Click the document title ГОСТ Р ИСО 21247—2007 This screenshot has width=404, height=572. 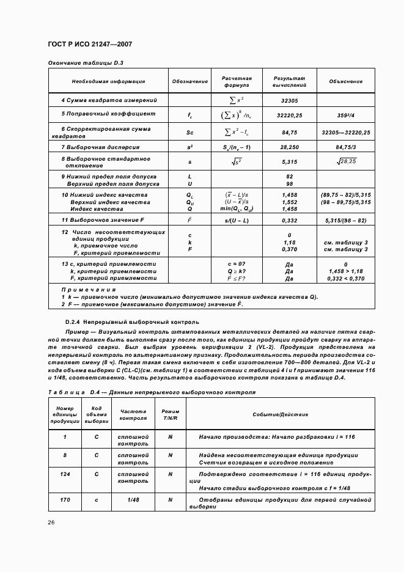pyautogui.click(x=90, y=45)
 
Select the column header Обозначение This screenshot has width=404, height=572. pyautogui.click(x=189, y=81)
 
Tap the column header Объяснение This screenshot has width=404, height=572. pyautogui.click(x=345, y=81)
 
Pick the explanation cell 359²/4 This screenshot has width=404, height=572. pyautogui.click(x=345, y=114)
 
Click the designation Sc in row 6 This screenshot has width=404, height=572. pyautogui.click(x=189, y=132)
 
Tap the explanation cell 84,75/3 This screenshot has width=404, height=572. pyautogui.click(x=345, y=147)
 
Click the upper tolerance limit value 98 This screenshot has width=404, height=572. pyautogui.click(x=289, y=184)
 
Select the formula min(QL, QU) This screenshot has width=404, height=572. pyautogui.click(x=235, y=209)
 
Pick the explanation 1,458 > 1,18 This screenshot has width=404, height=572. pyautogui.click(x=345, y=271)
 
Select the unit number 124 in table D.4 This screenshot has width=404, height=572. pyautogui.click(x=64, y=474)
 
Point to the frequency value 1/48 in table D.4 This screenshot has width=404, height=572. pyautogui.click(x=133, y=499)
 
